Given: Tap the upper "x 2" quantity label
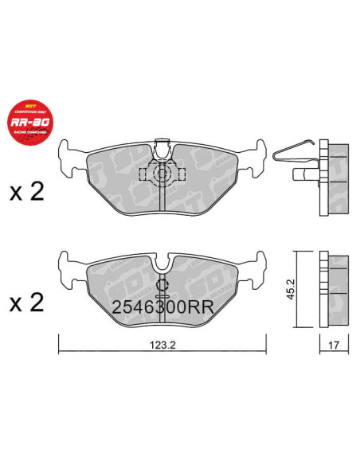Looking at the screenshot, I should (x=25, y=192).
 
